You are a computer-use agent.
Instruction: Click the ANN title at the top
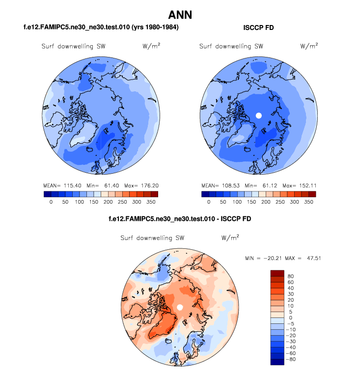180,15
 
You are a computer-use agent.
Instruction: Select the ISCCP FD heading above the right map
258,28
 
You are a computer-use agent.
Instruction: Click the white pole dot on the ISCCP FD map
258,116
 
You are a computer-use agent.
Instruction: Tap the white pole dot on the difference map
180,307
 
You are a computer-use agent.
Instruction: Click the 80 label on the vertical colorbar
291,275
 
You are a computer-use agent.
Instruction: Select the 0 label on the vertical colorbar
290,317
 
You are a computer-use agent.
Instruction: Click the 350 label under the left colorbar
150,202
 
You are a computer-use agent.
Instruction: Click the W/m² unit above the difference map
229,237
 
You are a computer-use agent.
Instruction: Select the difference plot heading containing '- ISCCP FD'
180,218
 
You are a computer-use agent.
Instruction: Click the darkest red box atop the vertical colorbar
277,273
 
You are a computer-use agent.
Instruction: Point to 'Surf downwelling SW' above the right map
230,47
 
